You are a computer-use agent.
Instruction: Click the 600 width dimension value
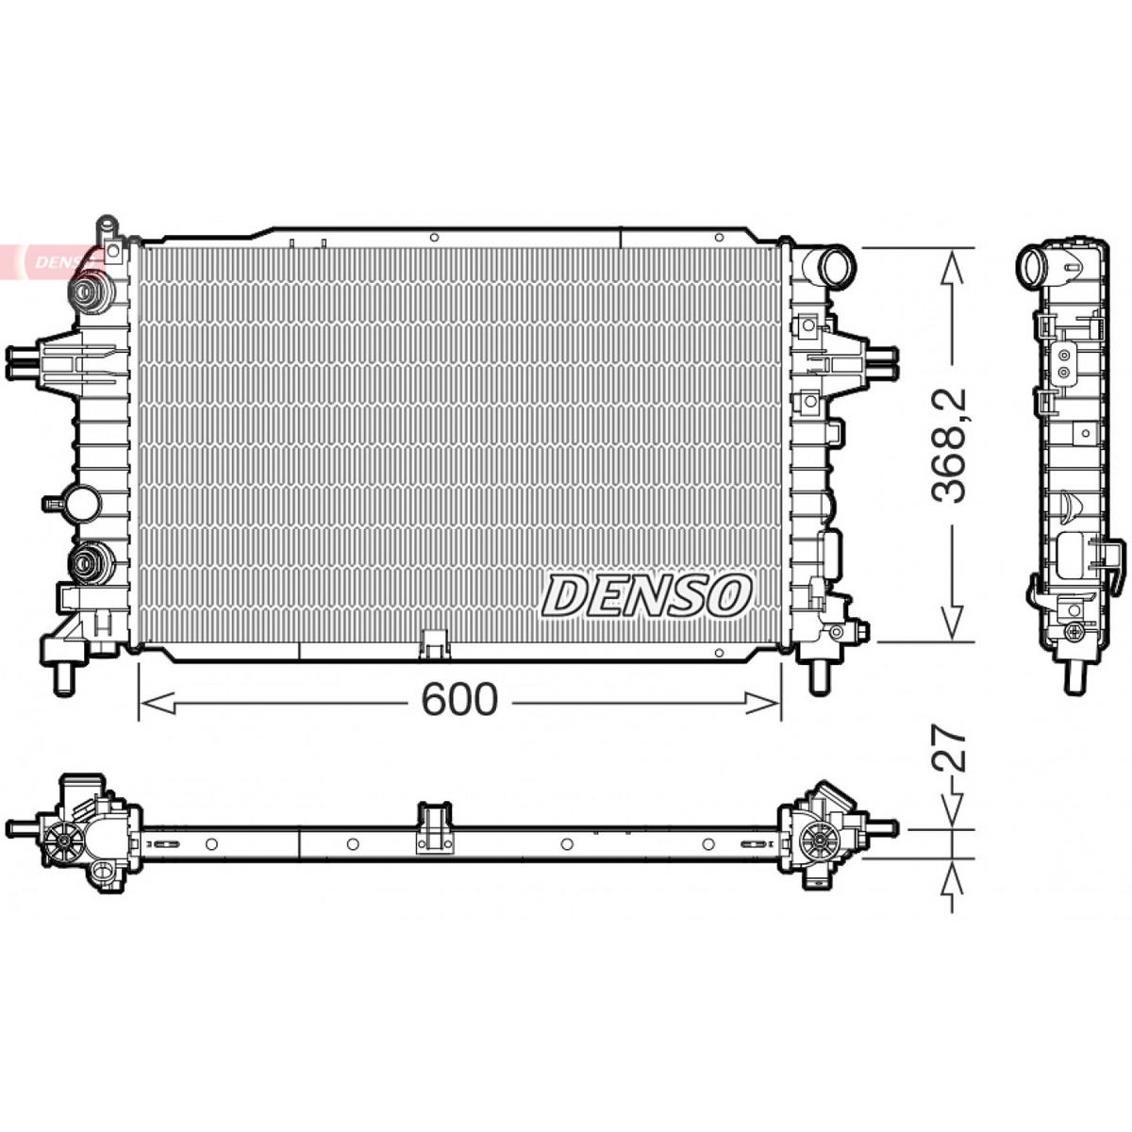coord(459,700)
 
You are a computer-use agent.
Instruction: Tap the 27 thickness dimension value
coord(949,749)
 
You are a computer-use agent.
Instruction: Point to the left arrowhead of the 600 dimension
coord(158,703)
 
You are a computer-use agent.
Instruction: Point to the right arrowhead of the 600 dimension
coord(762,703)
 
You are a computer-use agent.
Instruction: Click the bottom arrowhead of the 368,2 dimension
coord(951,622)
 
